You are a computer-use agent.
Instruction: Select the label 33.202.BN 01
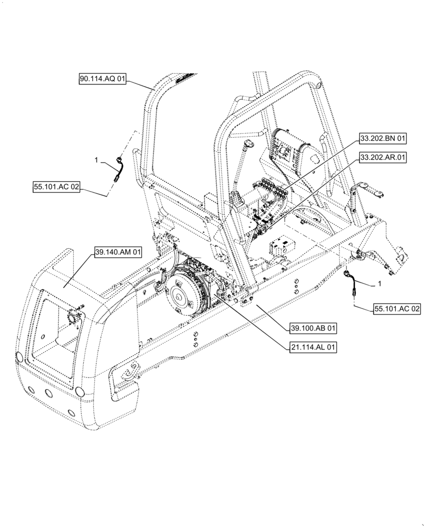(x=383, y=139)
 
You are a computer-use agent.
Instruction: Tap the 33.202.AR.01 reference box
(x=383, y=157)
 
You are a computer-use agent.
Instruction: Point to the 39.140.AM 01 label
(x=118, y=253)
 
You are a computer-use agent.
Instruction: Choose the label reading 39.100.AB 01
(x=313, y=327)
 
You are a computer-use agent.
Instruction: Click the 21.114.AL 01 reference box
(x=312, y=347)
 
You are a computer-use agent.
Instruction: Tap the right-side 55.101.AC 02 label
(x=398, y=309)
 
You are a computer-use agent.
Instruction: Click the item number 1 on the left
(x=96, y=159)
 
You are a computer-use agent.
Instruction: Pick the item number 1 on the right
(x=379, y=284)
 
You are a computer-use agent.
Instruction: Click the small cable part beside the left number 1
(x=119, y=169)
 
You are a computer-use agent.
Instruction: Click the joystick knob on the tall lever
(x=247, y=143)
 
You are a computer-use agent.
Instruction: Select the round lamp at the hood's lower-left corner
(x=19, y=357)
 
